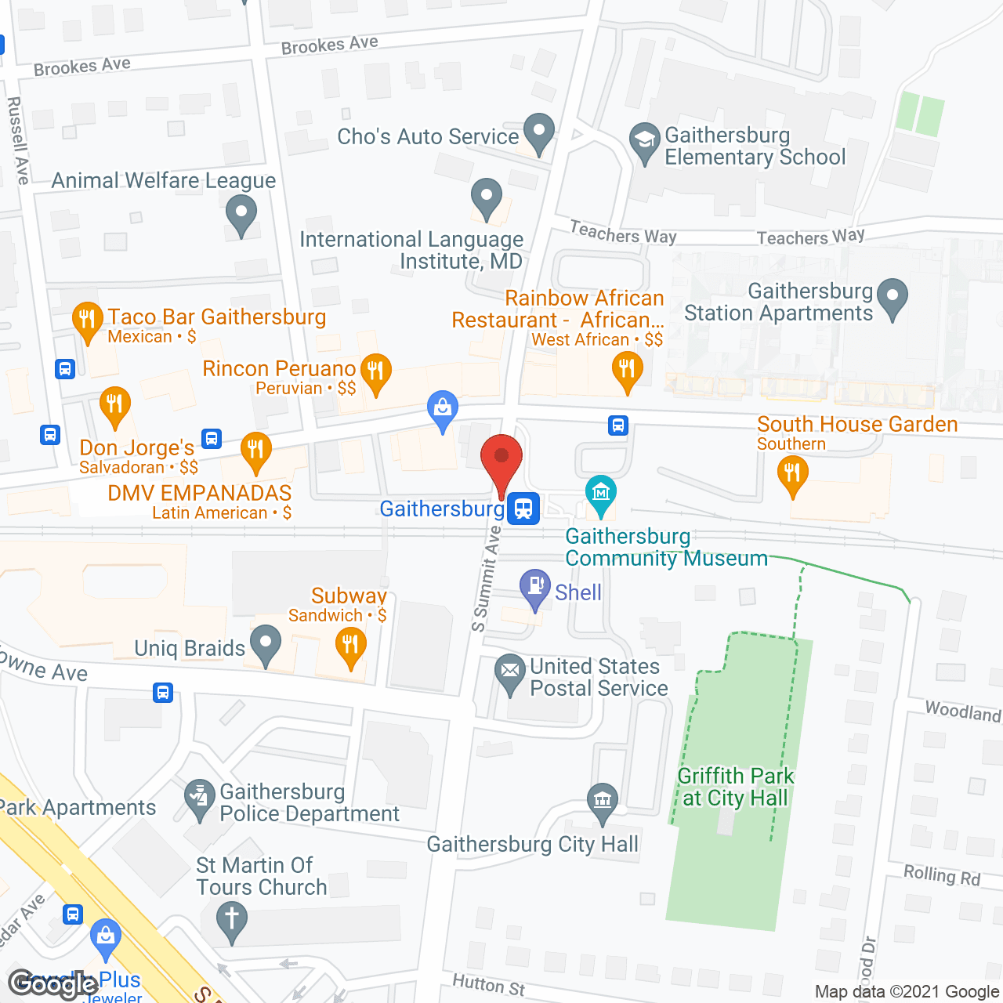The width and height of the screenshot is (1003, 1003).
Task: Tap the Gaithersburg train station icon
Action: coord(523,509)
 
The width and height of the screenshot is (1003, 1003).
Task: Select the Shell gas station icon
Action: coord(536,587)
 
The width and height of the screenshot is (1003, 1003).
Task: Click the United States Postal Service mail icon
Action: coord(510,672)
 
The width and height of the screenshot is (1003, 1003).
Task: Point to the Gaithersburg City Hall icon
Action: coord(602,802)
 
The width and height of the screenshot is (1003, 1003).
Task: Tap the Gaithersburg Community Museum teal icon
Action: coord(601,494)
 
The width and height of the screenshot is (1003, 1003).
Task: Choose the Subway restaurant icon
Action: coord(350,647)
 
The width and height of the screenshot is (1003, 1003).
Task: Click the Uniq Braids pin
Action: coord(266,643)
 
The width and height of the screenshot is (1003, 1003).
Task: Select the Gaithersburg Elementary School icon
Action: coord(644,142)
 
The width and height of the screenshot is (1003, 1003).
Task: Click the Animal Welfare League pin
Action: coord(241,212)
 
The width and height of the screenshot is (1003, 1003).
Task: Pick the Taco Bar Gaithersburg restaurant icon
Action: coord(87,320)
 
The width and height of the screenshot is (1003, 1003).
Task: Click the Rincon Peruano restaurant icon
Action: coord(376,371)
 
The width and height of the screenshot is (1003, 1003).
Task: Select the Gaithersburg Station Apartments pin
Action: coord(892,298)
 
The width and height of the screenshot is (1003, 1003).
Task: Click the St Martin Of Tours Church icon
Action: coord(231,918)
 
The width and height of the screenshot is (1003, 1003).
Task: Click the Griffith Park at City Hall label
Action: coord(735,787)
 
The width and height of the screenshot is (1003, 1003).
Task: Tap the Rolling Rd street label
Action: coord(941,875)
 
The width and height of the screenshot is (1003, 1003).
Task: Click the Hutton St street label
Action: coord(488,984)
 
